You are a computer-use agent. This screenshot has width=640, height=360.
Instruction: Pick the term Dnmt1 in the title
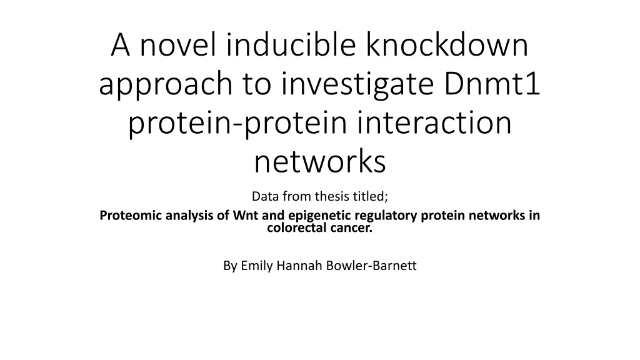(492, 83)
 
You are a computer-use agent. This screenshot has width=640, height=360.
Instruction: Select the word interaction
(434, 122)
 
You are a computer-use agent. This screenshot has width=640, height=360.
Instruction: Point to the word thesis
(332, 196)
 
